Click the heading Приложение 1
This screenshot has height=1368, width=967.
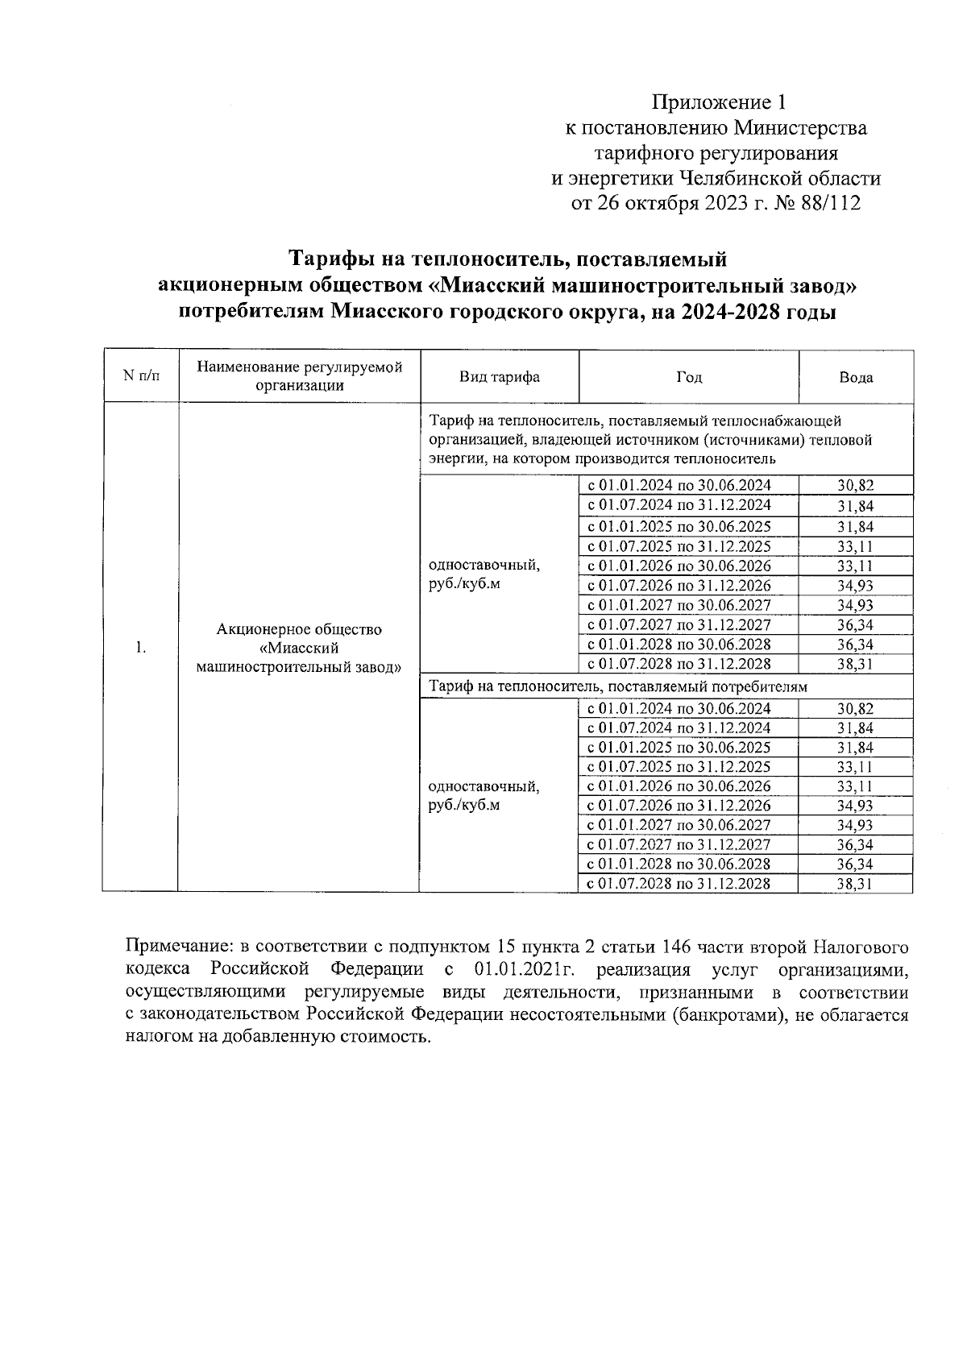[x=717, y=102]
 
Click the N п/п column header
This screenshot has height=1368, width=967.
[x=140, y=376]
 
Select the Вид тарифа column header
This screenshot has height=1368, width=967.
[x=499, y=377]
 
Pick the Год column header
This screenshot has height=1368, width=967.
[x=689, y=377]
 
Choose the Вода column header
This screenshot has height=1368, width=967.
[x=856, y=377]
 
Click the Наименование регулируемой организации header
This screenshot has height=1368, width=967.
[x=300, y=375]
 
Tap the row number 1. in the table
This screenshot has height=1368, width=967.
[x=140, y=648]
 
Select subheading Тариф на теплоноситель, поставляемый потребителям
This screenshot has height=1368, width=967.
[x=618, y=686]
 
